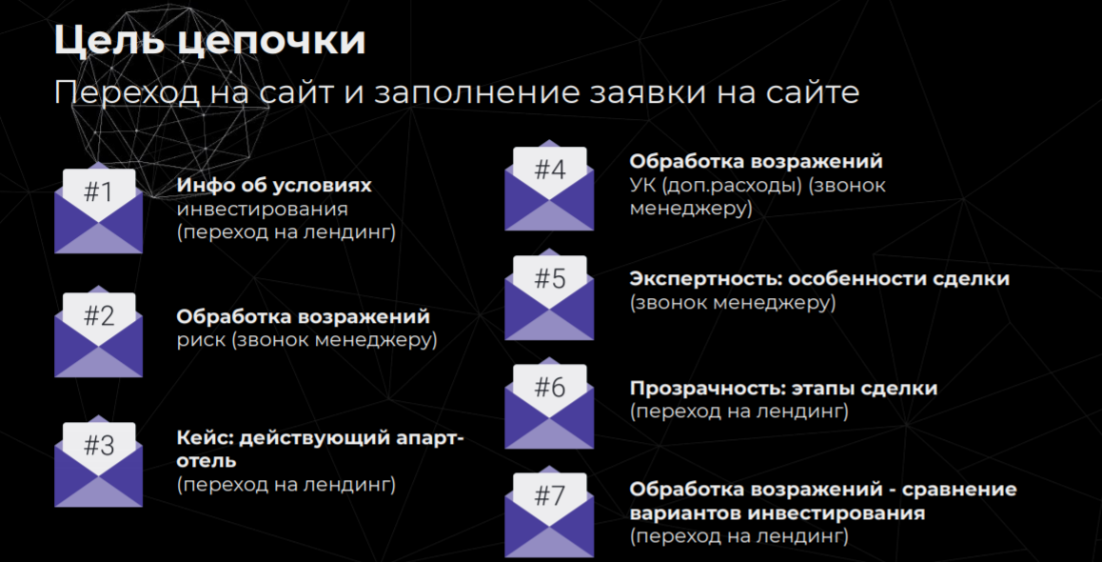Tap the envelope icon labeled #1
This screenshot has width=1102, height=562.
coord(98,209)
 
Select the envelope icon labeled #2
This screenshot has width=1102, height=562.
coord(98,332)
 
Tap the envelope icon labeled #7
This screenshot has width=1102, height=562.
coord(549,512)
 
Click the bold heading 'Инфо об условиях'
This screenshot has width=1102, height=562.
coord(274,186)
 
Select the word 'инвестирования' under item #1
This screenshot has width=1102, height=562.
coord(262,210)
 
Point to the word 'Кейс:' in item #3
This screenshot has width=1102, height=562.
coord(205,438)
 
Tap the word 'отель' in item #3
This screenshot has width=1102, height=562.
coord(207,461)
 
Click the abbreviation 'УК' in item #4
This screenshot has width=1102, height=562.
coord(642,186)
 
